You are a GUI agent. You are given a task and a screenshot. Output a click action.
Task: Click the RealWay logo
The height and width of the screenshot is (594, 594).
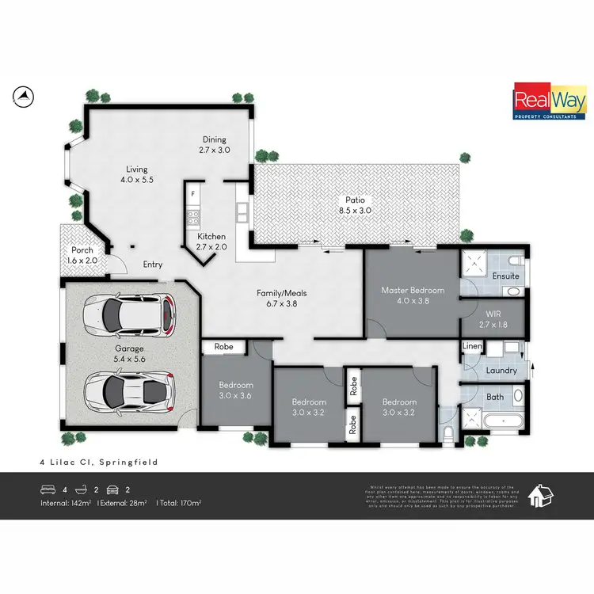tap(549, 102)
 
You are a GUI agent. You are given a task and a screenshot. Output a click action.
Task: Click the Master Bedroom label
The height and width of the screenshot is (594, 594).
tap(413, 295)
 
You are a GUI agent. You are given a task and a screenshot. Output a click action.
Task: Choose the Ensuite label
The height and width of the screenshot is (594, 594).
tap(505, 276)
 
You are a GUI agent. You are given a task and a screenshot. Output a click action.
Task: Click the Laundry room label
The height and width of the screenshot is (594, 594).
tap(501, 370)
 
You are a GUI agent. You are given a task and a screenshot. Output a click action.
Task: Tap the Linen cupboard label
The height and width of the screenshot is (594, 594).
tap(471, 347)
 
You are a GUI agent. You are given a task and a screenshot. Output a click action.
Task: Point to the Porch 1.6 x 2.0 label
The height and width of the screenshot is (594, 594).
tap(82, 255)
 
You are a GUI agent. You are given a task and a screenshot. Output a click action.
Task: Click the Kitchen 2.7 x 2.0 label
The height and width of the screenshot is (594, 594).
tap(211, 241)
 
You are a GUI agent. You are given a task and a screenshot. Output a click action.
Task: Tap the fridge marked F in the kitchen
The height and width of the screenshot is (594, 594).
tap(192, 192)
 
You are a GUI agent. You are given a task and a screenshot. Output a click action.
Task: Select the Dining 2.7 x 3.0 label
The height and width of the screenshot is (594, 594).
tap(214, 143)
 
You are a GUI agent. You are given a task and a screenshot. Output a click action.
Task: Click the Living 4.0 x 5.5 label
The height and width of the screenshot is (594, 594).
tap(136, 174)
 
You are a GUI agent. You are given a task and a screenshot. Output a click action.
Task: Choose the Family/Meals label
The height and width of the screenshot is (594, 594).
tap(281, 298)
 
